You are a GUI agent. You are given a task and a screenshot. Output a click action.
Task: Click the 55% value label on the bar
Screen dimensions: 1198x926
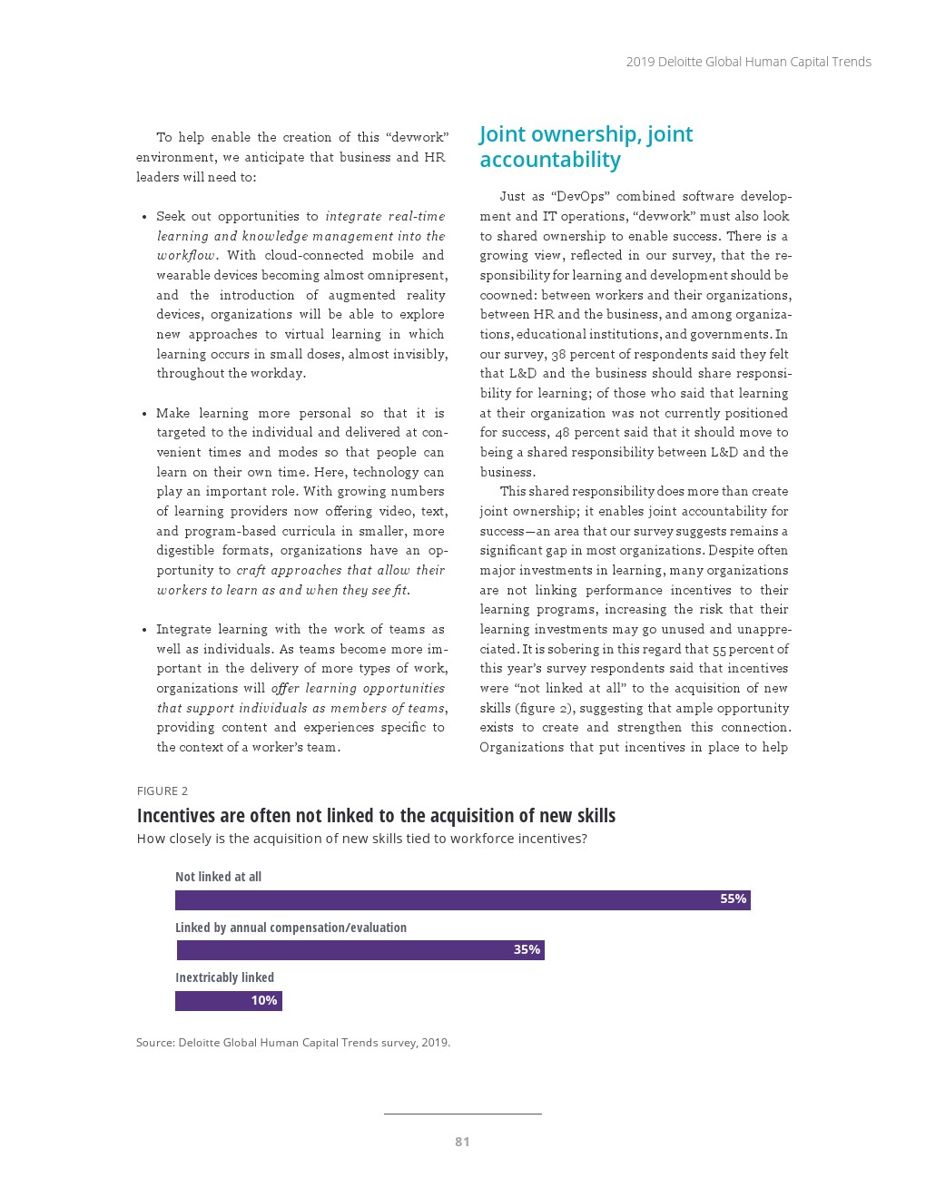pyautogui.click(x=733, y=899)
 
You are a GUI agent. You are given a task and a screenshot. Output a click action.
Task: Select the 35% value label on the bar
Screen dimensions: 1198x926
pyautogui.click(x=527, y=950)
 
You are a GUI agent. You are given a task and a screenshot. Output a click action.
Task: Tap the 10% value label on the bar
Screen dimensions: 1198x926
pyautogui.click(x=264, y=1001)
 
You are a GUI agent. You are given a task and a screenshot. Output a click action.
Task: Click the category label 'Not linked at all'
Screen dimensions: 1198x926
pyautogui.click(x=218, y=877)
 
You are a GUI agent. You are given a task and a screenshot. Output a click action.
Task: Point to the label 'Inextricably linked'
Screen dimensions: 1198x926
pyautogui.click(x=224, y=977)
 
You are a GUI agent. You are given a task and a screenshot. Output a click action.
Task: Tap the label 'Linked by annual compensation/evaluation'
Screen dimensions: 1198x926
pyautogui.click(x=291, y=928)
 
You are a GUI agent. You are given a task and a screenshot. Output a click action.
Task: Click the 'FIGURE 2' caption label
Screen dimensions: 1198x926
pyautogui.click(x=163, y=791)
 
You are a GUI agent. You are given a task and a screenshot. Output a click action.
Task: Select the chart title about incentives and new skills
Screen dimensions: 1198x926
pyautogui.click(x=376, y=816)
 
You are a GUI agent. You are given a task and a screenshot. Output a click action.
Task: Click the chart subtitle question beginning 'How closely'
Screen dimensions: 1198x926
pyautogui.click(x=361, y=839)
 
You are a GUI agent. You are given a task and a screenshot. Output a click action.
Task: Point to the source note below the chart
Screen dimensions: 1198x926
pyautogui.click(x=292, y=1043)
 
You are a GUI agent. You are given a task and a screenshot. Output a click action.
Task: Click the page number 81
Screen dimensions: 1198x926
pyautogui.click(x=462, y=1142)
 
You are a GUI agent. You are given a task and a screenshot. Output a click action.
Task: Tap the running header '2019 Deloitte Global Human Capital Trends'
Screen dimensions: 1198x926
pyautogui.click(x=748, y=62)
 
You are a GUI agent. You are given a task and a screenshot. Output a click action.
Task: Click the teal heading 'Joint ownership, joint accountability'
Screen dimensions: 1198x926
pyautogui.click(x=586, y=147)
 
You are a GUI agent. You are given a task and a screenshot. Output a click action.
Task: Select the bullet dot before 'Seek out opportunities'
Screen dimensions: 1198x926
pyautogui.click(x=144, y=217)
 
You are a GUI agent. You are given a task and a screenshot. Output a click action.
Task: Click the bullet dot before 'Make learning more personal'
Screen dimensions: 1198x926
pyautogui.click(x=144, y=414)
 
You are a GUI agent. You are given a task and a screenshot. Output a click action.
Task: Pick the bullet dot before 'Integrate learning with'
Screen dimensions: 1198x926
pyautogui.click(x=144, y=630)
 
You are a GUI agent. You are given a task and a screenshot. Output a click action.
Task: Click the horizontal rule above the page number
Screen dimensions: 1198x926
pyautogui.click(x=462, y=1114)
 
